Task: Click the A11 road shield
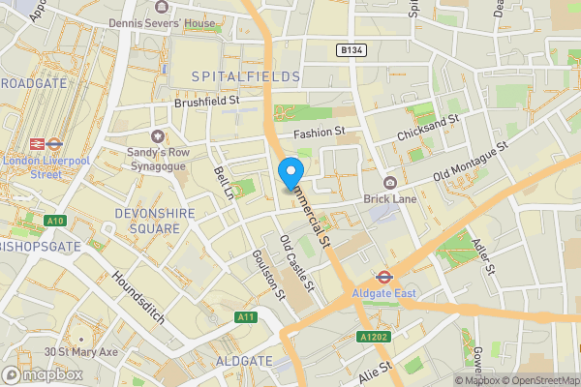246,316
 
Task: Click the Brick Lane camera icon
390,184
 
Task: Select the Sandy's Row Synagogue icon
157,136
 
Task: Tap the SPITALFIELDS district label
246,75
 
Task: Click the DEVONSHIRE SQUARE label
147,220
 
